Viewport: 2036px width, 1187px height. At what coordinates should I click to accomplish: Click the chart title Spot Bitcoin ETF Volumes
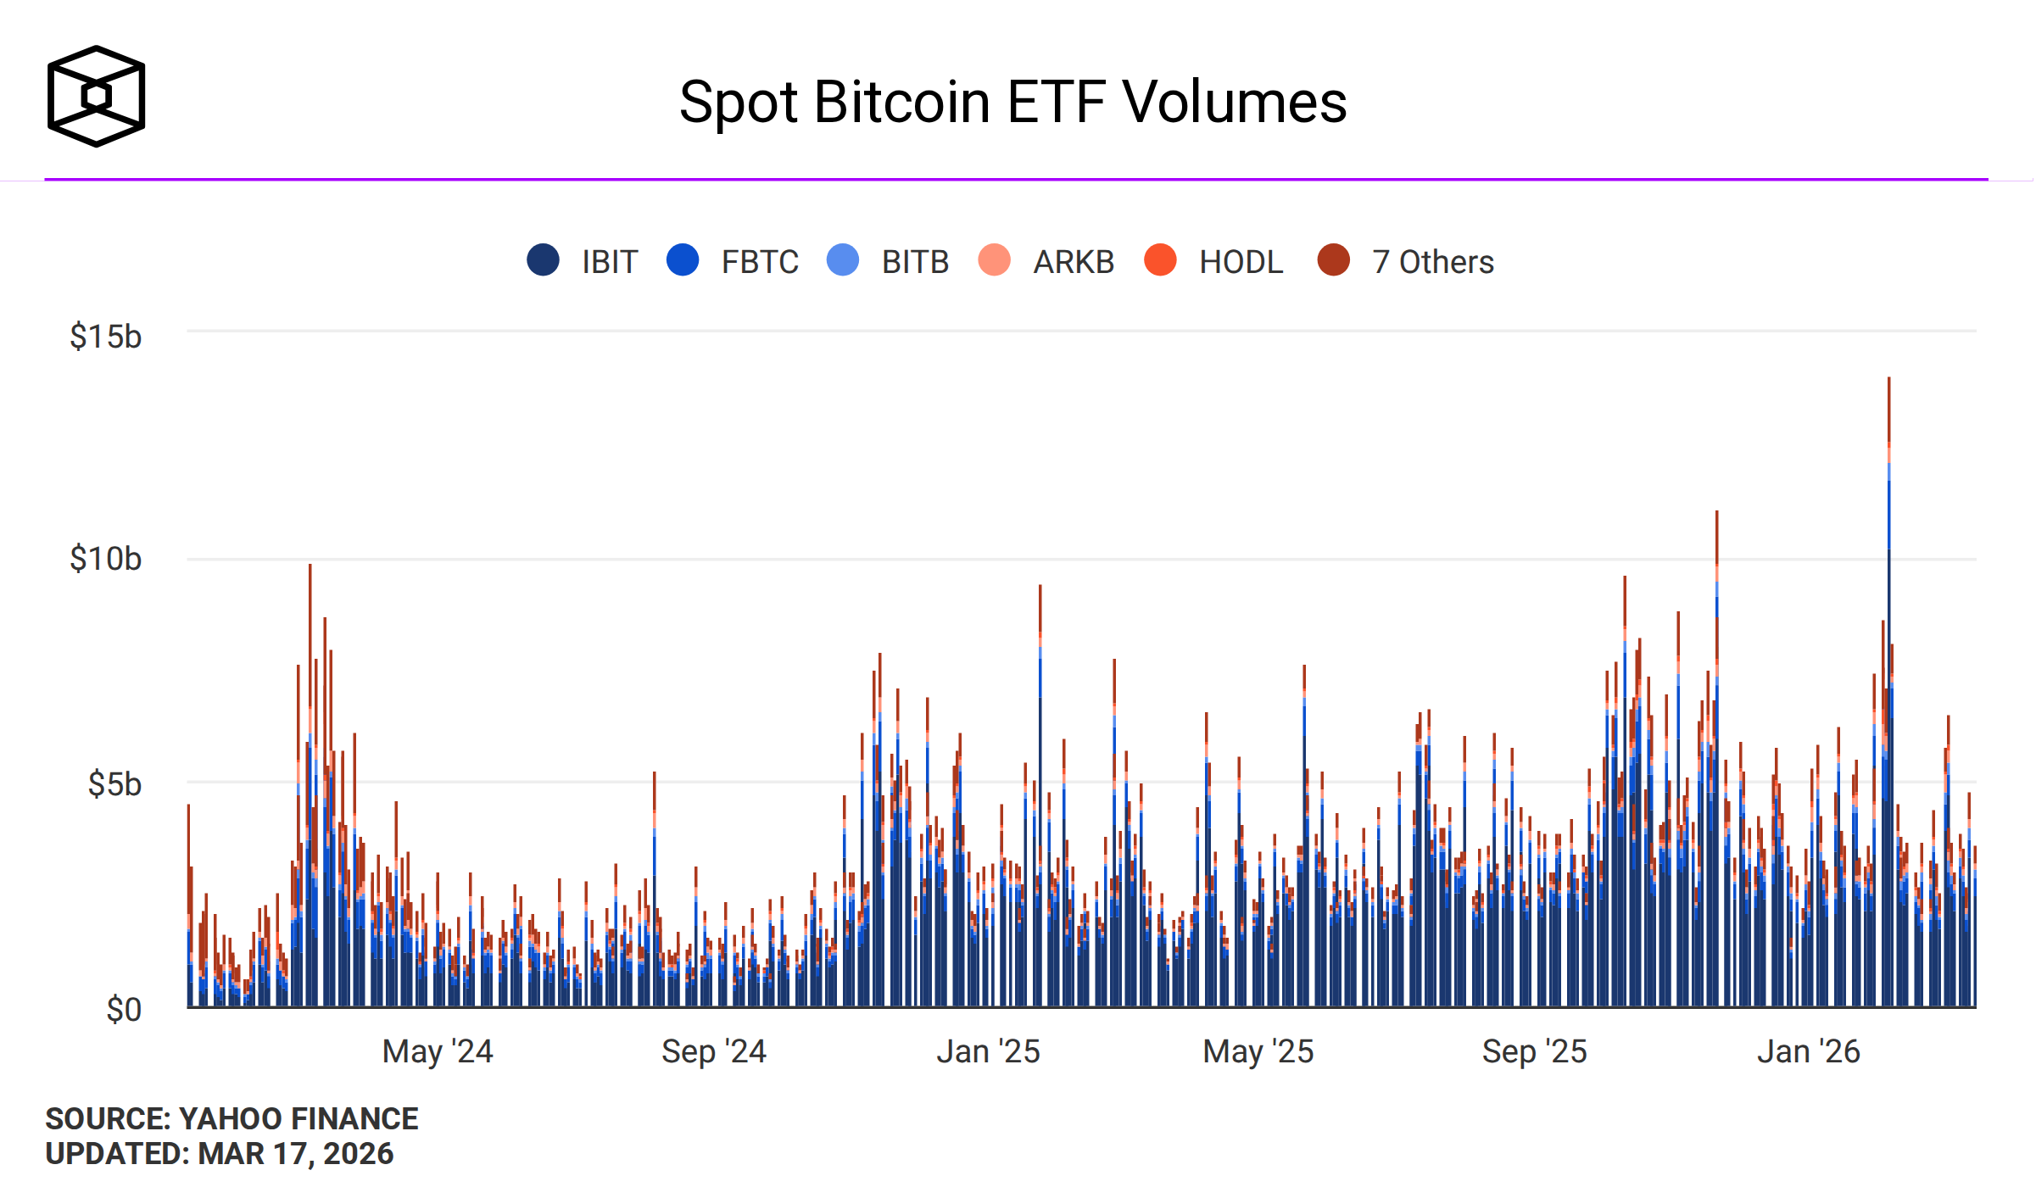click(x=1012, y=102)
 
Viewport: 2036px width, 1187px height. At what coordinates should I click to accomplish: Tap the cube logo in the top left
click(x=96, y=96)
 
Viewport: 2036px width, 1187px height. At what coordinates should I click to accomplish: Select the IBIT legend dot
click(x=543, y=259)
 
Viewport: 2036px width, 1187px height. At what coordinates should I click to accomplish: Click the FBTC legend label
click(x=759, y=262)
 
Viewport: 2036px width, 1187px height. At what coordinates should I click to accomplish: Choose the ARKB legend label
click(x=1073, y=262)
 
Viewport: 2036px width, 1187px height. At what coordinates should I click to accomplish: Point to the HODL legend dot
click(x=1160, y=259)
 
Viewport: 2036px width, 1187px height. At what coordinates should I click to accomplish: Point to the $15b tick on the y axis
click(x=106, y=337)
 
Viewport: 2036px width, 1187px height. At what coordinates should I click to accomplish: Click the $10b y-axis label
click(x=106, y=559)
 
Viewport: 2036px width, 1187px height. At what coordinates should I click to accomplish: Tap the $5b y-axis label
click(x=114, y=784)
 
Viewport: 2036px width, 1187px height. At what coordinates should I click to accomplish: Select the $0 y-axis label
click(x=124, y=1010)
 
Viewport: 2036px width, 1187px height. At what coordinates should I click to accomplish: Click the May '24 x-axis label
click(x=438, y=1051)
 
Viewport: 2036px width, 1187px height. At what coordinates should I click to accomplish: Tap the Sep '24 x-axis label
click(x=714, y=1051)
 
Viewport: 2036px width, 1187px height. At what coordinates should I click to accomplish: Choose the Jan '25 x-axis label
click(x=988, y=1051)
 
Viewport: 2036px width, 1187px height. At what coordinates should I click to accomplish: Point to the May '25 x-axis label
click(x=1258, y=1051)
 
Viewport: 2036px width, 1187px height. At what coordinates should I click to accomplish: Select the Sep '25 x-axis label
click(x=1534, y=1051)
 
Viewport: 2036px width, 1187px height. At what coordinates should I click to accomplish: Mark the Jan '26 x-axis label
click(x=1809, y=1051)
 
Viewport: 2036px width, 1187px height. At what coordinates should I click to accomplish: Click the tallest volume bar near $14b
click(x=1888, y=678)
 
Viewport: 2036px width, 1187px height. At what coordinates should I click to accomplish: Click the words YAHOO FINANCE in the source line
click(x=298, y=1119)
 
